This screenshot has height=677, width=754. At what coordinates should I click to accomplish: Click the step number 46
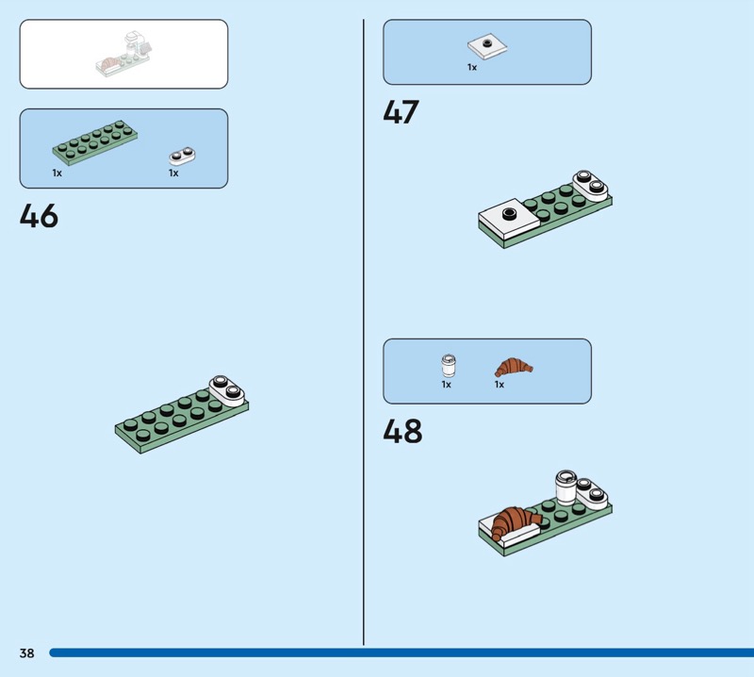pos(39,216)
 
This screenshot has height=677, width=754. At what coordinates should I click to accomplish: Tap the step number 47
pos(401,112)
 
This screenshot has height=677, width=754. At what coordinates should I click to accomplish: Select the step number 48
pos(402,431)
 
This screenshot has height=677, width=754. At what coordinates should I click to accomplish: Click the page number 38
pos(27,652)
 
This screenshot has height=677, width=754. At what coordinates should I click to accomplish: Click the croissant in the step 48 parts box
pos(514,367)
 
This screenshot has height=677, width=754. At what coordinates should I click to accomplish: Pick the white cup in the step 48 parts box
pos(449,366)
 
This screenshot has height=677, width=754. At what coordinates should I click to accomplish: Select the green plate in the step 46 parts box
pos(95,143)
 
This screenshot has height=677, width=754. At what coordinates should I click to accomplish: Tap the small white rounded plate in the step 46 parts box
pos(182,156)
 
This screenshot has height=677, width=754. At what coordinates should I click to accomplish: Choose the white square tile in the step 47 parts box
pos(487,47)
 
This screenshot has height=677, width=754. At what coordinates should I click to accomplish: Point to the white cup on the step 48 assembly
pos(566,487)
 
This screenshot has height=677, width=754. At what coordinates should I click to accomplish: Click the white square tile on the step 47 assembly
pos(509,219)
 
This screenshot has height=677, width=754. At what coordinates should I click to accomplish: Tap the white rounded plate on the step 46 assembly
pos(227,390)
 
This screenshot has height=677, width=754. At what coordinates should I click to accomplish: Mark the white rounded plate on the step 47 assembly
pos(590,186)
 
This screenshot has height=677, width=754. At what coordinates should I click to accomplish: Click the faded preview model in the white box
pos(124,54)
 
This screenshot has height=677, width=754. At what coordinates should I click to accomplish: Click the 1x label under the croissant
pos(500,385)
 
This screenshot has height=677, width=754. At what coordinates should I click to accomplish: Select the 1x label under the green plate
pos(57,173)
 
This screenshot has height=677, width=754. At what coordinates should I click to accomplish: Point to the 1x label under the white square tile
pos(472,67)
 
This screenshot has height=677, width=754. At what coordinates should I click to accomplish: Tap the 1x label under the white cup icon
pos(446,385)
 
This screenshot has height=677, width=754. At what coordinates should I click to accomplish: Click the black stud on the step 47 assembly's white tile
pos(509,213)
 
